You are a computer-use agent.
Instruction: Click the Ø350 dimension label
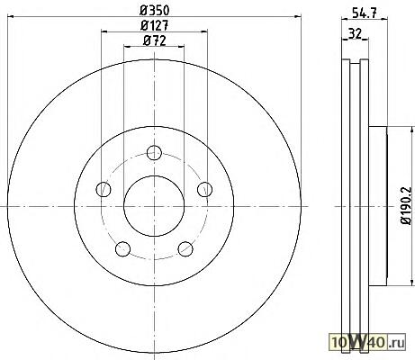[155, 11]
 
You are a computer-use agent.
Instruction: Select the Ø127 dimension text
[155, 25]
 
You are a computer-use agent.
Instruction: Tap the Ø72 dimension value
[155, 40]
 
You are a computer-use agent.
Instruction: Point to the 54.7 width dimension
[365, 13]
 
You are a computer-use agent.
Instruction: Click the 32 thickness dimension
[355, 33]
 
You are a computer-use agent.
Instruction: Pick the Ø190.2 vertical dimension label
[406, 205]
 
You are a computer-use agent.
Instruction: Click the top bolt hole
[154, 152]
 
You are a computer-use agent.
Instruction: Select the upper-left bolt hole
[104, 189]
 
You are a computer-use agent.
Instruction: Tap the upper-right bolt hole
[205, 189]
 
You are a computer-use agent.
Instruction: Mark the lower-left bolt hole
[122, 249]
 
